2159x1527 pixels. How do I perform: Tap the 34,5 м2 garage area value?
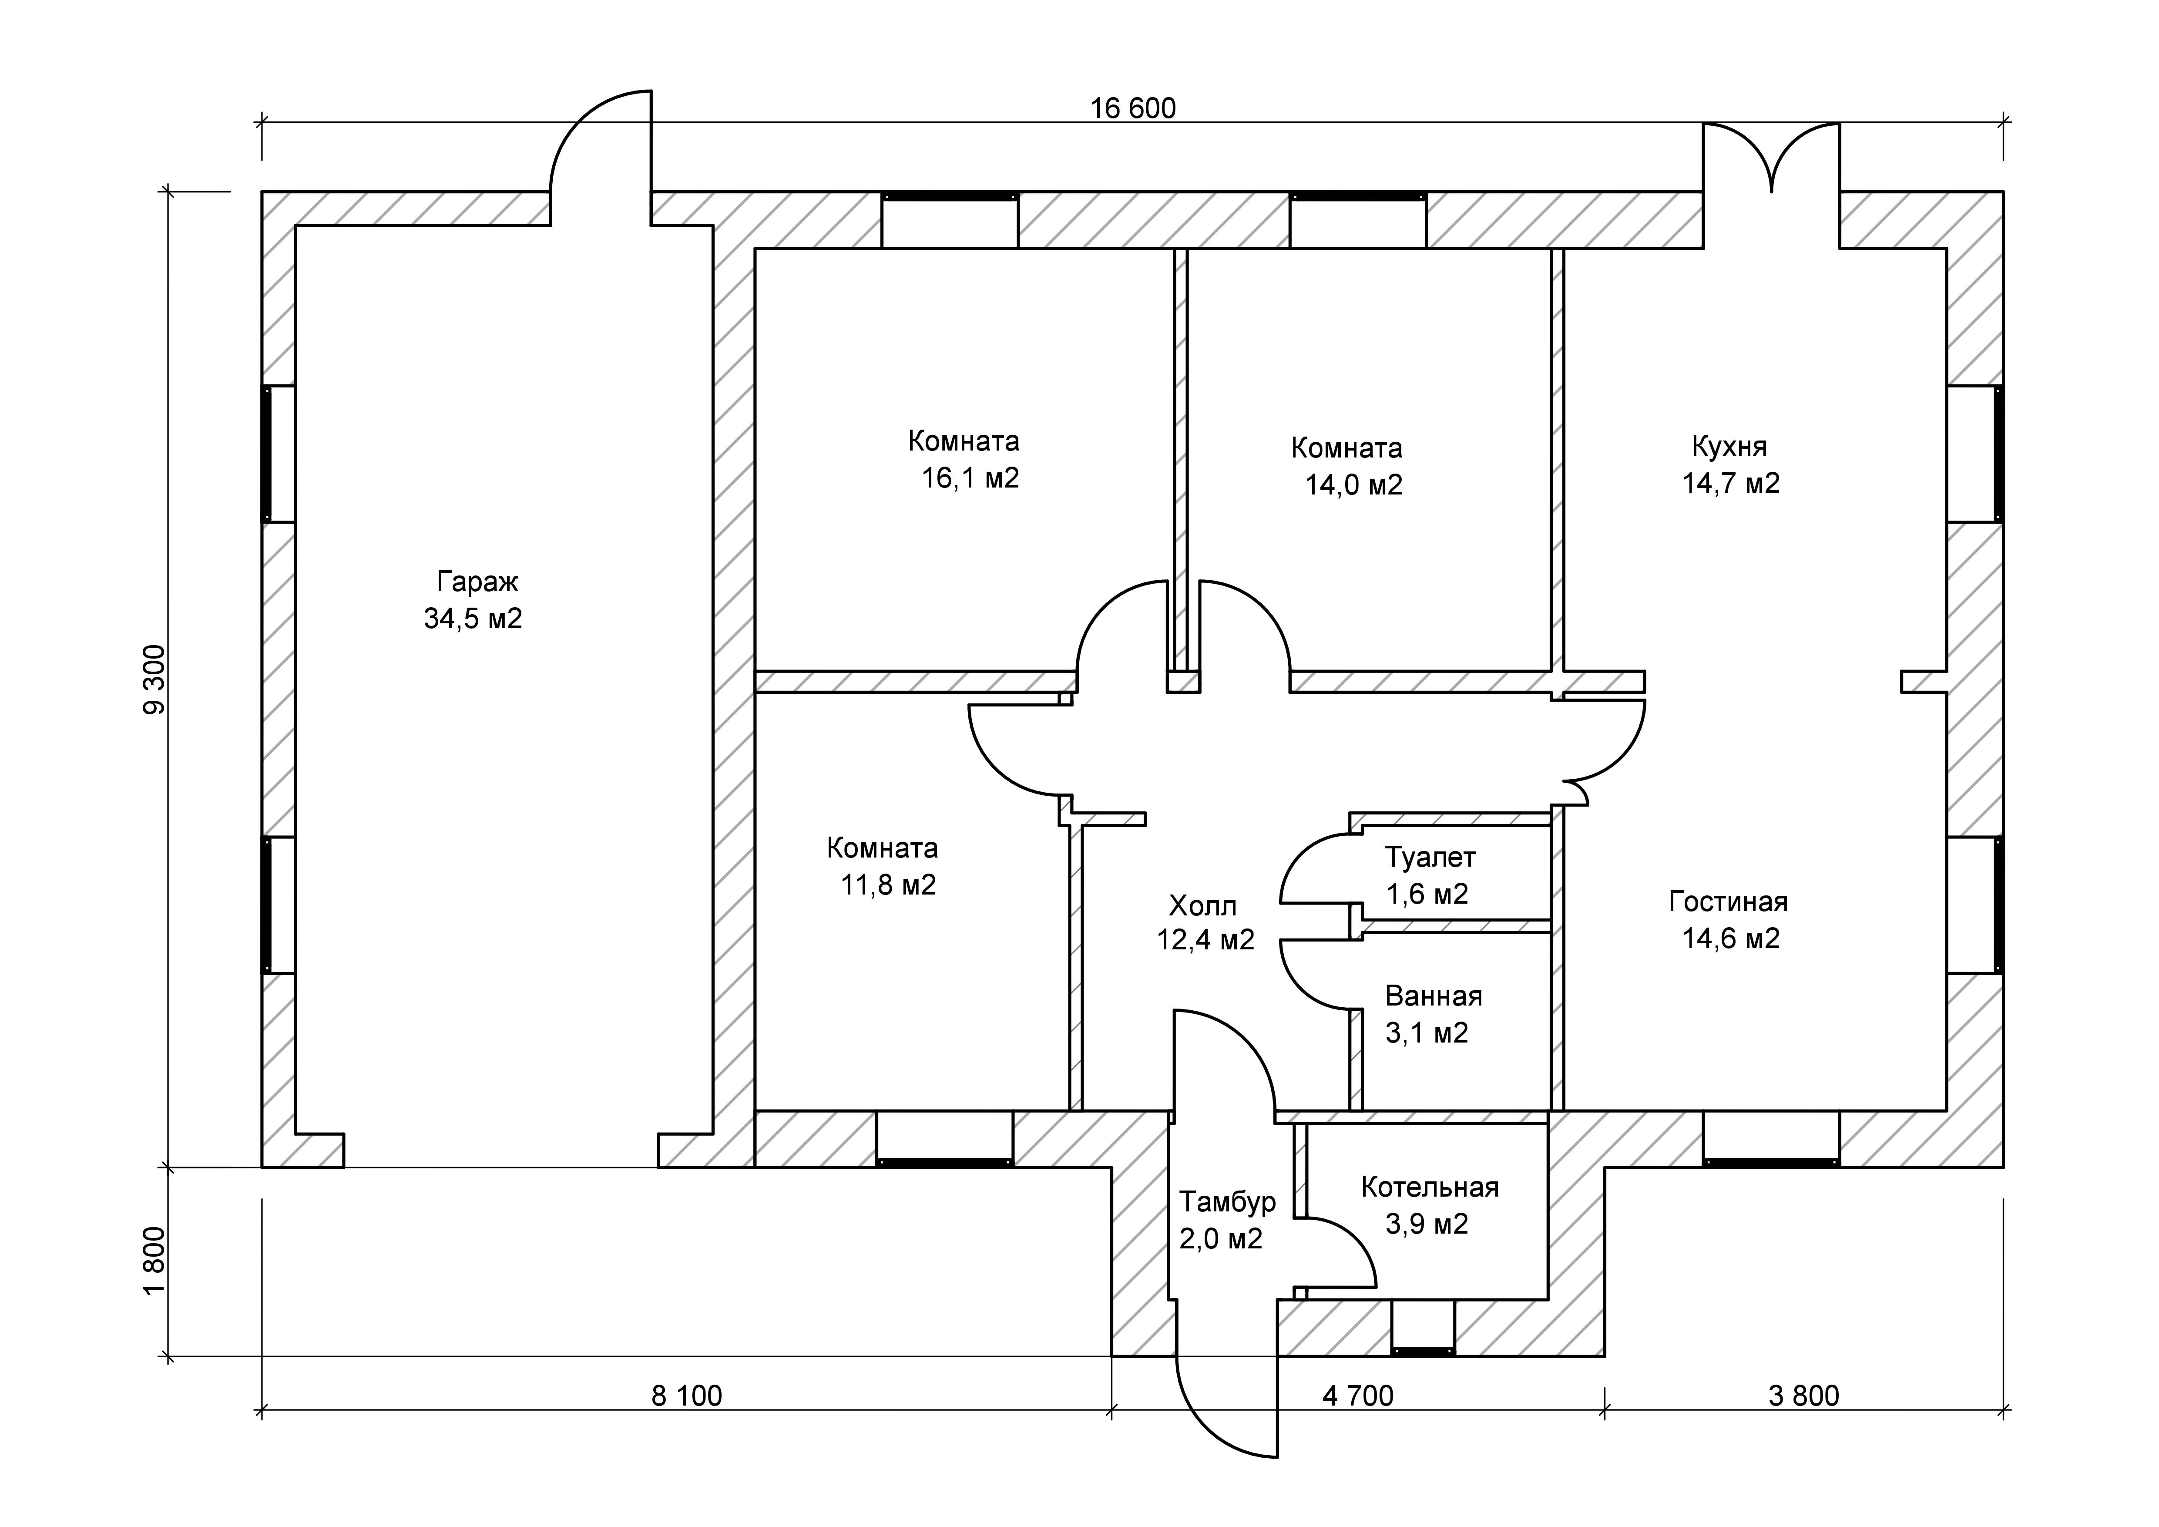pos(473,619)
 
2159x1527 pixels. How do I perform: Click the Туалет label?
pos(1429,858)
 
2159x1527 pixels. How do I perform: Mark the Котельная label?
pos(1429,1187)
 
